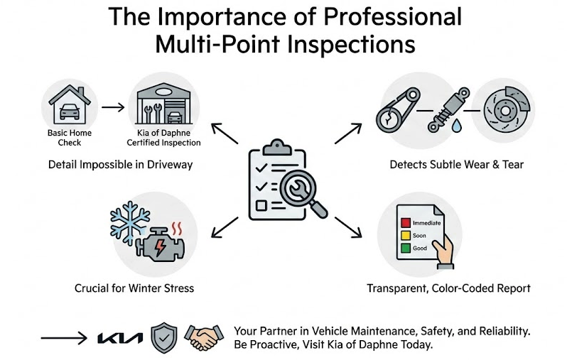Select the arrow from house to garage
[112, 108]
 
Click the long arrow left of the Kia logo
[65, 338]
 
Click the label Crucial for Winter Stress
[134, 289]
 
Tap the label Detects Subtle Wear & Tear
[457, 165]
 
